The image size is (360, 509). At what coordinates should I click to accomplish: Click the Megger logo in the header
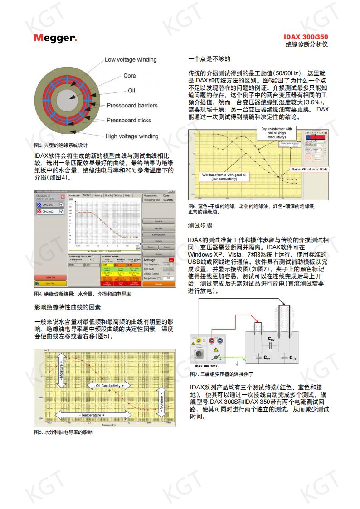(x=55, y=38)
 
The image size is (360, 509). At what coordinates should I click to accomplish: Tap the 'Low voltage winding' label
(x=131, y=59)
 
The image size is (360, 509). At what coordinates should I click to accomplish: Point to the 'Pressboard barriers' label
(x=132, y=106)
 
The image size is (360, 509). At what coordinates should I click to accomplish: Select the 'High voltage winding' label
(x=132, y=136)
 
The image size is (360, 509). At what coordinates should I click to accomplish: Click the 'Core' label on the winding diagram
(x=130, y=76)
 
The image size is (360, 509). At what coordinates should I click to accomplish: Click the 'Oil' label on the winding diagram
(x=131, y=91)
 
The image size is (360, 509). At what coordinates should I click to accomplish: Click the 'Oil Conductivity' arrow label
(x=108, y=386)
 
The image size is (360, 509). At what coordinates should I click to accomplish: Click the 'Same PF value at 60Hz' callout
(x=310, y=169)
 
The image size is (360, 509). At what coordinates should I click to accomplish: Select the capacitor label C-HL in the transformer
(x=271, y=339)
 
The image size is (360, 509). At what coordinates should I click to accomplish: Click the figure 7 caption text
(x=221, y=374)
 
